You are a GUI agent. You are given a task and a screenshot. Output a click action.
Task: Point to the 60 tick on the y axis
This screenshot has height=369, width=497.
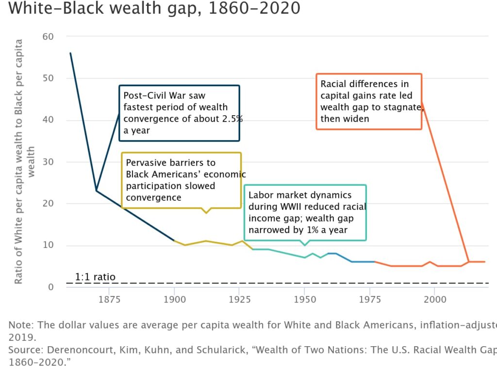tap(47, 36)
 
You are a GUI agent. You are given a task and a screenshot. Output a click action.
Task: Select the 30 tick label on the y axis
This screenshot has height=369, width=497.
tap(47, 162)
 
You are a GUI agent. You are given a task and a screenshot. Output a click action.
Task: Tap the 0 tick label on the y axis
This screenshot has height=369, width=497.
tap(50, 287)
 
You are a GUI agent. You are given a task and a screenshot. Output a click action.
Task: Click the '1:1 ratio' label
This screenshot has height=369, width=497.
tap(95, 277)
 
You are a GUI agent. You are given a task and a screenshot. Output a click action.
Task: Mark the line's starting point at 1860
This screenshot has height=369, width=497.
tap(70, 53)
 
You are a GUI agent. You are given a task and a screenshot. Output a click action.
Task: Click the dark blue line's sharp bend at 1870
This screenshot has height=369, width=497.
tap(96, 191)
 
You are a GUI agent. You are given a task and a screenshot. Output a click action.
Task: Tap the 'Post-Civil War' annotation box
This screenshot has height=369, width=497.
tap(179, 113)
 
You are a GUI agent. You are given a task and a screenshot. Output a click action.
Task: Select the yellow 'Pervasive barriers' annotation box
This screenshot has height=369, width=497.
tap(181, 180)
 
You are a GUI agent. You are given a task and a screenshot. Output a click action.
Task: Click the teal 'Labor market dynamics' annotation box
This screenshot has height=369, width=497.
tap(305, 212)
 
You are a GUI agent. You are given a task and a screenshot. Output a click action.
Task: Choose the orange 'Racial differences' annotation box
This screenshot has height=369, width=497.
tap(368, 101)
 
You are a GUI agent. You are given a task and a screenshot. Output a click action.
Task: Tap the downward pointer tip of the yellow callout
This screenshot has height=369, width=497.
tap(206, 213)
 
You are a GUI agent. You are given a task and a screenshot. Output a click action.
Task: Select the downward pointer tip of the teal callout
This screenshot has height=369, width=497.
tap(305, 246)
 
